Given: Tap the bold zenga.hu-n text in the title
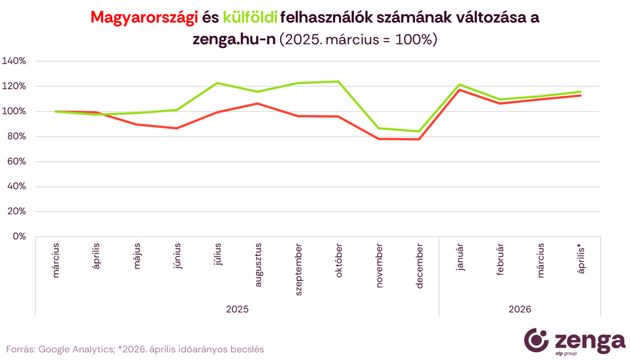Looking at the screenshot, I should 233,40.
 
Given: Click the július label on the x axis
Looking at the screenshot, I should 218,253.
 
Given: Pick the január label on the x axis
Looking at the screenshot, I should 460,256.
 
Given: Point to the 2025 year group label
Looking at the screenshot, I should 237,309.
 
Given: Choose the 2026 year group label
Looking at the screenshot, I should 520,309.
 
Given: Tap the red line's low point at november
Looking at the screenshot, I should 379,139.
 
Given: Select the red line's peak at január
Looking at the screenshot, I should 460,90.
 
